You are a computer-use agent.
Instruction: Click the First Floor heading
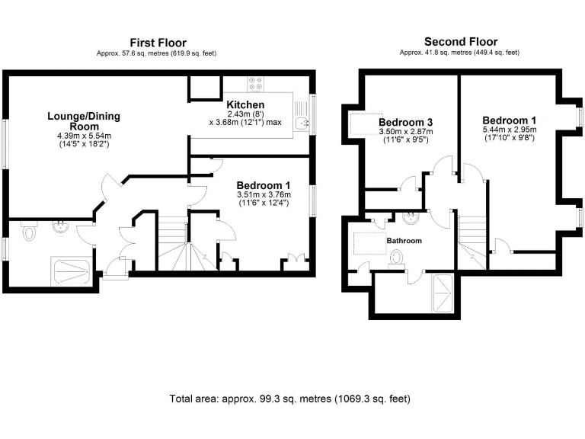(x=158, y=43)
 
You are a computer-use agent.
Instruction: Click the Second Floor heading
(x=460, y=41)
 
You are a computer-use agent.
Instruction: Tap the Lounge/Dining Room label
(x=84, y=121)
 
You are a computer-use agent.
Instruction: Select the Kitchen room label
(x=245, y=104)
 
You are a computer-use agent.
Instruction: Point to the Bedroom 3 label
(x=405, y=122)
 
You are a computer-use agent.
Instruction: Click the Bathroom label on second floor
(x=404, y=240)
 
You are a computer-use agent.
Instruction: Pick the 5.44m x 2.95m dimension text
(x=510, y=130)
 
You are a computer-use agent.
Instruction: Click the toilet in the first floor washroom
(x=30, y=231)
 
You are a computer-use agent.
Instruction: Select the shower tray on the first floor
(x=73, y=271)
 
